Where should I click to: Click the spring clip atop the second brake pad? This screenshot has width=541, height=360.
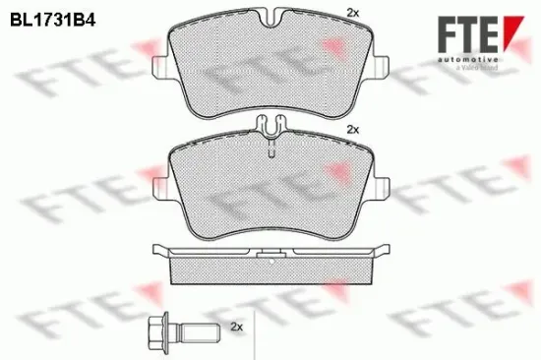(x=270, y=127)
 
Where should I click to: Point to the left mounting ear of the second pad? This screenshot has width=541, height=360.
(x=161, y=184)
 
